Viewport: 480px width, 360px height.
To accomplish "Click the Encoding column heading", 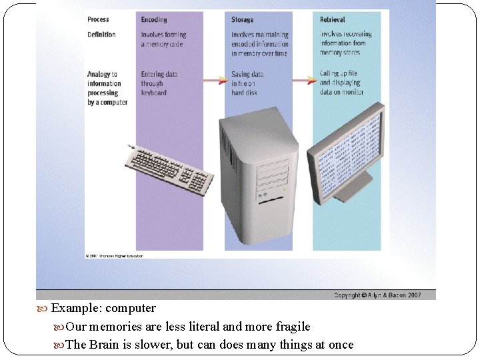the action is (x=154, y=20).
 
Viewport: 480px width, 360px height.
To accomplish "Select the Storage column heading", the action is (x=243, y=20).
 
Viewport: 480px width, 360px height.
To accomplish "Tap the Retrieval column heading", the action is (x=333, y=20).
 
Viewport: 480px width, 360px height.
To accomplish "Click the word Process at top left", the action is (x=98, y=19).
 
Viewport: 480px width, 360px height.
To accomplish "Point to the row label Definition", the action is (x=101, y=34).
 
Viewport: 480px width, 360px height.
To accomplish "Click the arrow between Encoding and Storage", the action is (x=213, y=80).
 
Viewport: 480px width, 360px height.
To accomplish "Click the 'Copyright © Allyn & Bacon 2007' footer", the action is (x=377, y=295).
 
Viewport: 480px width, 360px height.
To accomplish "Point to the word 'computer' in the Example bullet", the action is (x=131, y=308).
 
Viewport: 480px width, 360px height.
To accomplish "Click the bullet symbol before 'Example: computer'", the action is (x=43, y=309).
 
